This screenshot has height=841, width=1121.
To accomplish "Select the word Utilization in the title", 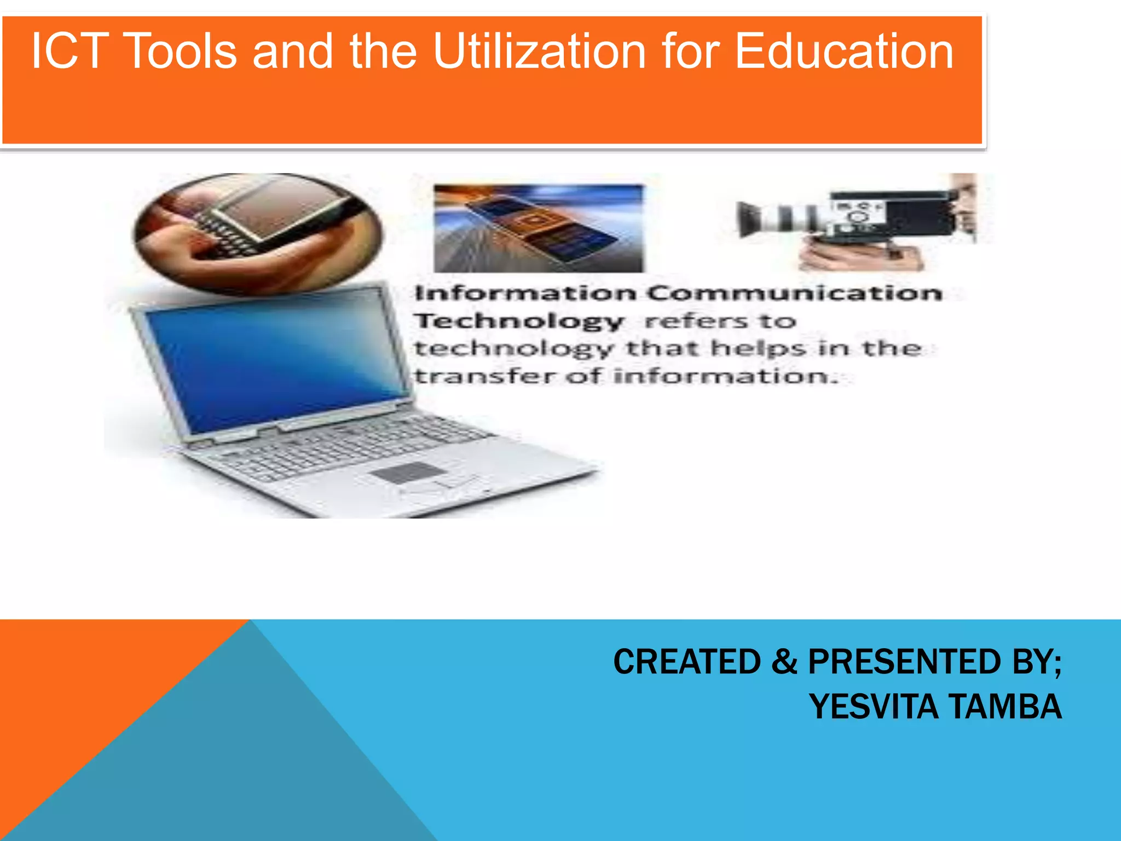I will (x=540, y=51).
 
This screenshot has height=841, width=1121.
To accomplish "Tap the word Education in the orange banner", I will (x=844, y=51).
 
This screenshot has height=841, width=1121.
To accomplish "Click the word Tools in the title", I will (x=182, y=51).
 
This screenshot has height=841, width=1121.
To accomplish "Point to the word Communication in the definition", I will (x=796, y=293).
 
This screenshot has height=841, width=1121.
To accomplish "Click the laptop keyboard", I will (x=350, y=443).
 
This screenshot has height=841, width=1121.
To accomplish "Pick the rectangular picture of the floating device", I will (x=539, y=228).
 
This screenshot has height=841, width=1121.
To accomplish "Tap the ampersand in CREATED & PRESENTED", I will (x=784, y=661).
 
